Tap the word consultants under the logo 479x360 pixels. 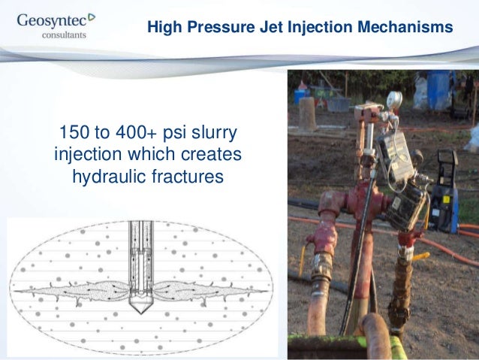[x=63, y=34]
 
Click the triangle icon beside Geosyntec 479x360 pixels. [x=92, y=16]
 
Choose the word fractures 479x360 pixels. [x=189, y=179]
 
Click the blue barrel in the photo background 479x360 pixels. [x=439, y=89]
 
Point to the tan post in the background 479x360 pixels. [x=308, y=113]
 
